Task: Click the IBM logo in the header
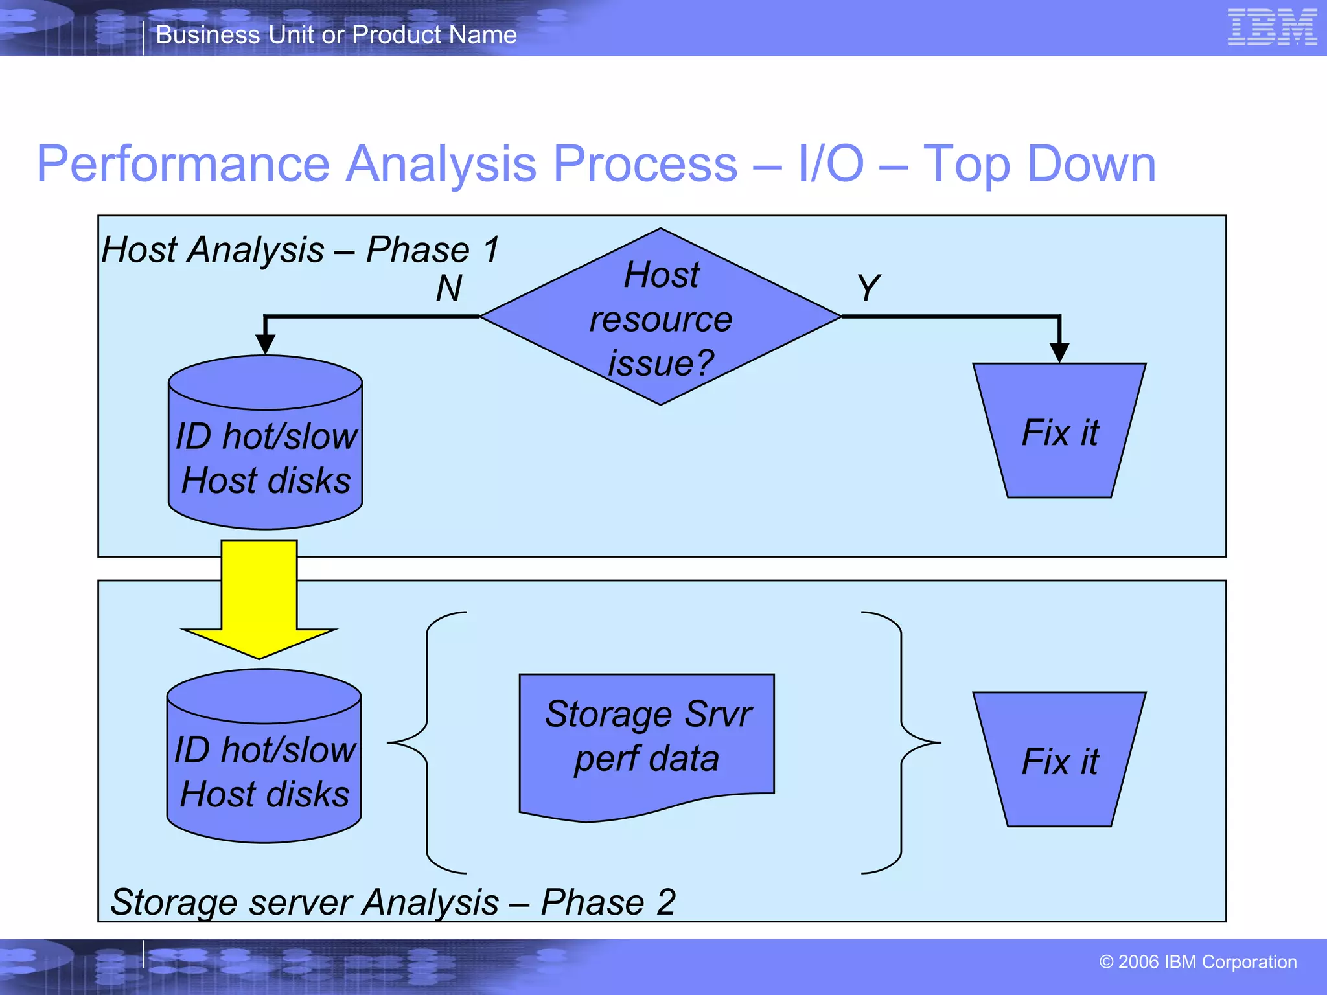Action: point(1272,27)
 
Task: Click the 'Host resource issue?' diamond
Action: point(660,317)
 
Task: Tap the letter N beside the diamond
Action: point(448,288)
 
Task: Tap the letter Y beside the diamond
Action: point(868,287)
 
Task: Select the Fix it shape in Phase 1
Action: point(1059,431)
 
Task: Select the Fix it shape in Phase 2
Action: point(1059,760)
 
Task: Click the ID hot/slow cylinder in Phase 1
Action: point(265,453)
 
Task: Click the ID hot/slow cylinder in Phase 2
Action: point(264,768)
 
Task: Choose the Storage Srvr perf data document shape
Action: point(646,738)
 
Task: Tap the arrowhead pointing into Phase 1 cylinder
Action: point(265,344)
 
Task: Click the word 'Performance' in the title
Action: point(183,164)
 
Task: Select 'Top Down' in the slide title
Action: point(1039,164)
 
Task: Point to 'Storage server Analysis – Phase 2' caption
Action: point(393,902)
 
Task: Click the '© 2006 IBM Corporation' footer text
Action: point(1197,962)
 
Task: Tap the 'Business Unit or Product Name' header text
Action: point(336,34)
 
